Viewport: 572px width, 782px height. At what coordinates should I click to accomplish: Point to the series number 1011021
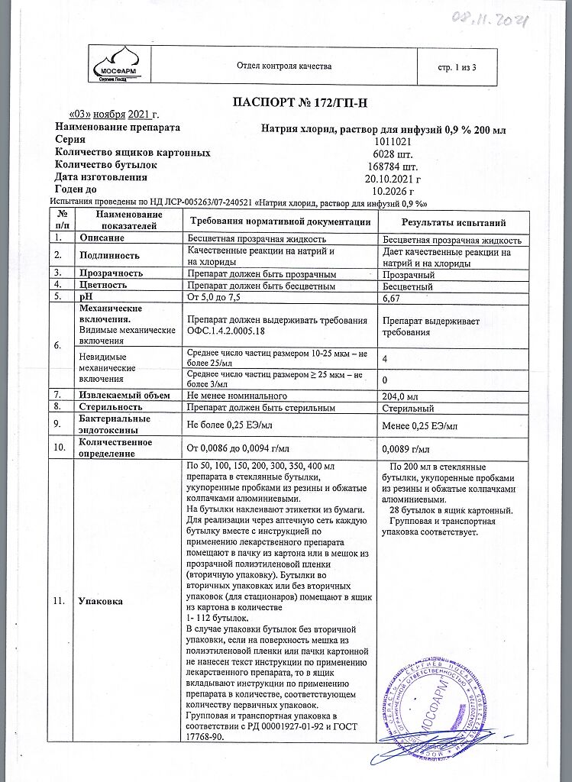[x=394, y=141]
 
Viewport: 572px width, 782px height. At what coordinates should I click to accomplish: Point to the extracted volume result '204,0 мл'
[x=399, y=396]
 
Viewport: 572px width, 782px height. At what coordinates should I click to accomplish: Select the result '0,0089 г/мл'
[x=406, y=448]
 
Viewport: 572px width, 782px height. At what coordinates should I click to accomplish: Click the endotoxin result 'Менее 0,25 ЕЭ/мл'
[x=419, y=425]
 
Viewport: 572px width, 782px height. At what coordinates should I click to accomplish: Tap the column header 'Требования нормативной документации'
[x=280, y=222]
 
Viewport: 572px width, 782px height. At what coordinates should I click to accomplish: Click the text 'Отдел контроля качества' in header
[x=285, y=66]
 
